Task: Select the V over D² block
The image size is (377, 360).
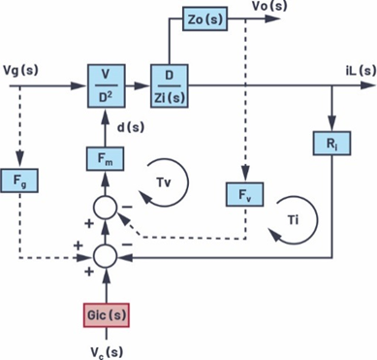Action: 103,85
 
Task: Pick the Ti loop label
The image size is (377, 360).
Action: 294,221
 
